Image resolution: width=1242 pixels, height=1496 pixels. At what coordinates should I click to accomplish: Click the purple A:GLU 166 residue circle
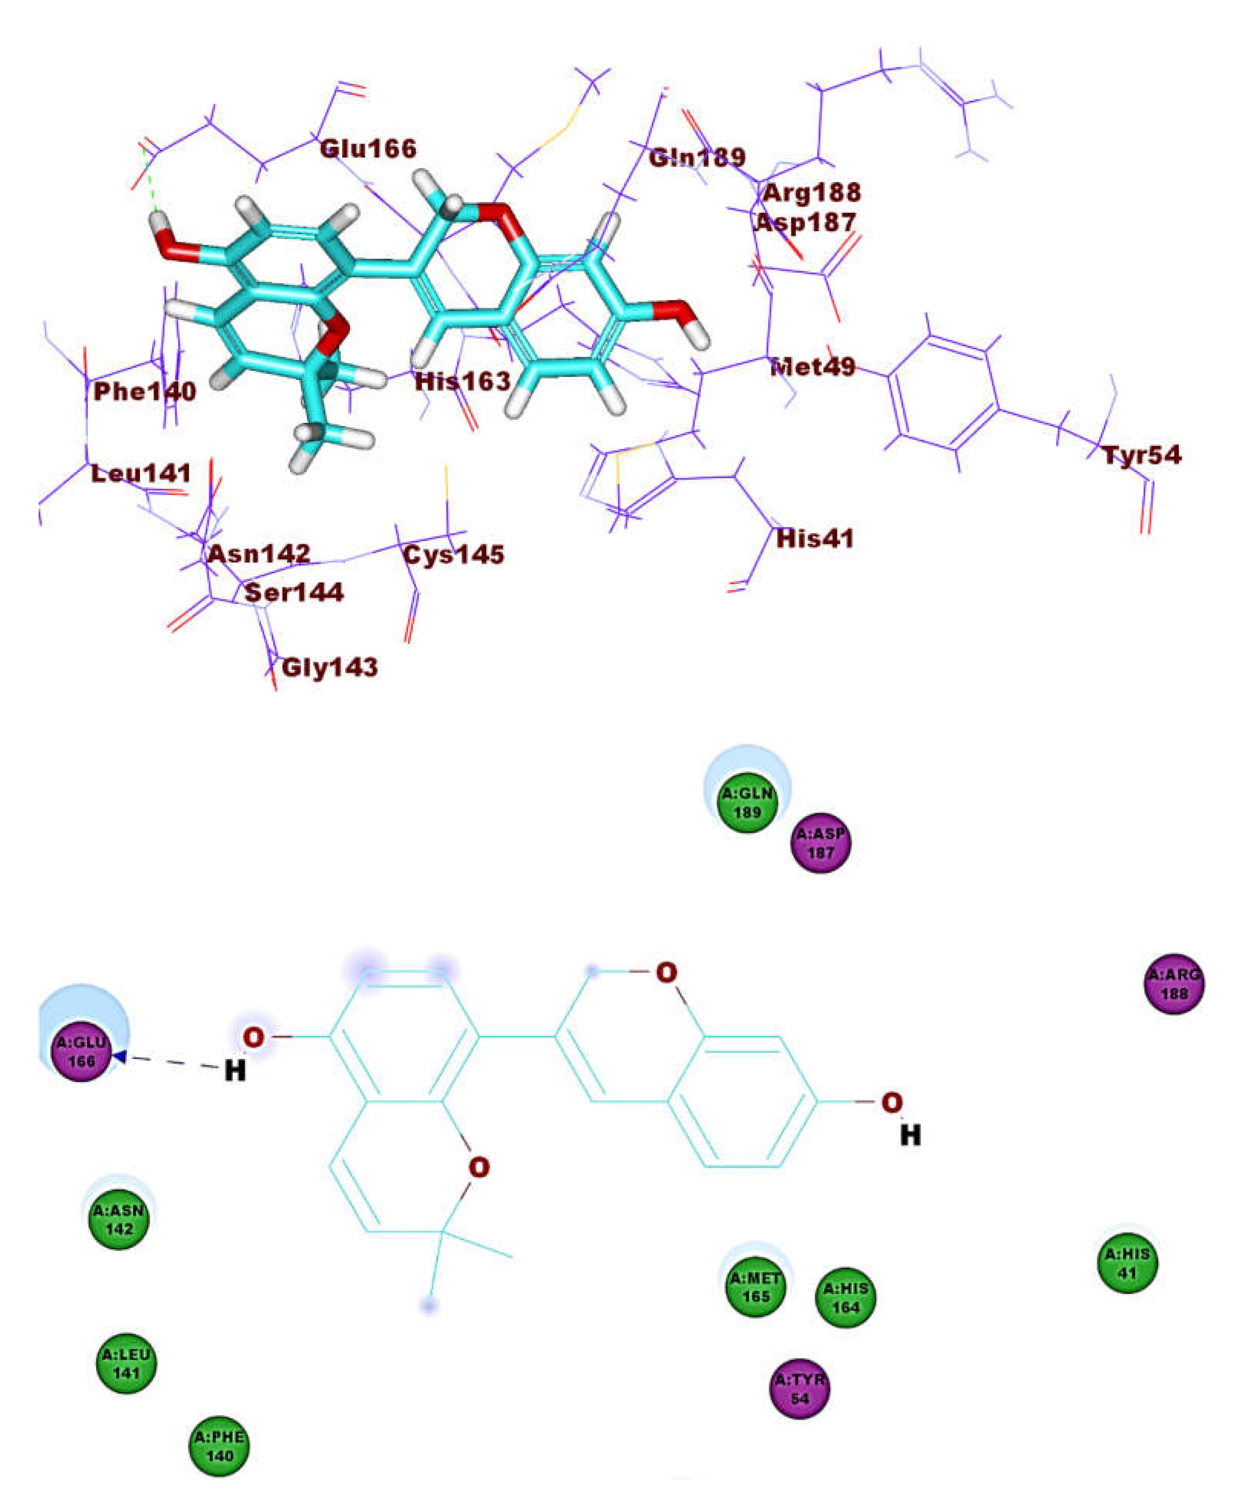(x=83, y=1052)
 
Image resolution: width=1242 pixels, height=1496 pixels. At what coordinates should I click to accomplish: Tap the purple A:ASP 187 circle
(x=821, y=843)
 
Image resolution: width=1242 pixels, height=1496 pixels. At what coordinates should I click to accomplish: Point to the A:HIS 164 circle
(x=845, y=1298)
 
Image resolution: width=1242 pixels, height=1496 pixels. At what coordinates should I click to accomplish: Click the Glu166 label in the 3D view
(x=368, y=149)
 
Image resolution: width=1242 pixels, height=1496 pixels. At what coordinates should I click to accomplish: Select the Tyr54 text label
(x=1142, y=454)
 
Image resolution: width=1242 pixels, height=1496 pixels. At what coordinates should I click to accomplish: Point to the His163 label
(x=463, y=381)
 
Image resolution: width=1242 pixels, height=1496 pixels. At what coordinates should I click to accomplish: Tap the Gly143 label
(x=330, y=667)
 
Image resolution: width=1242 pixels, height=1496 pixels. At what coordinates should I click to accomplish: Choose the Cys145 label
(x=454, y=554)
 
